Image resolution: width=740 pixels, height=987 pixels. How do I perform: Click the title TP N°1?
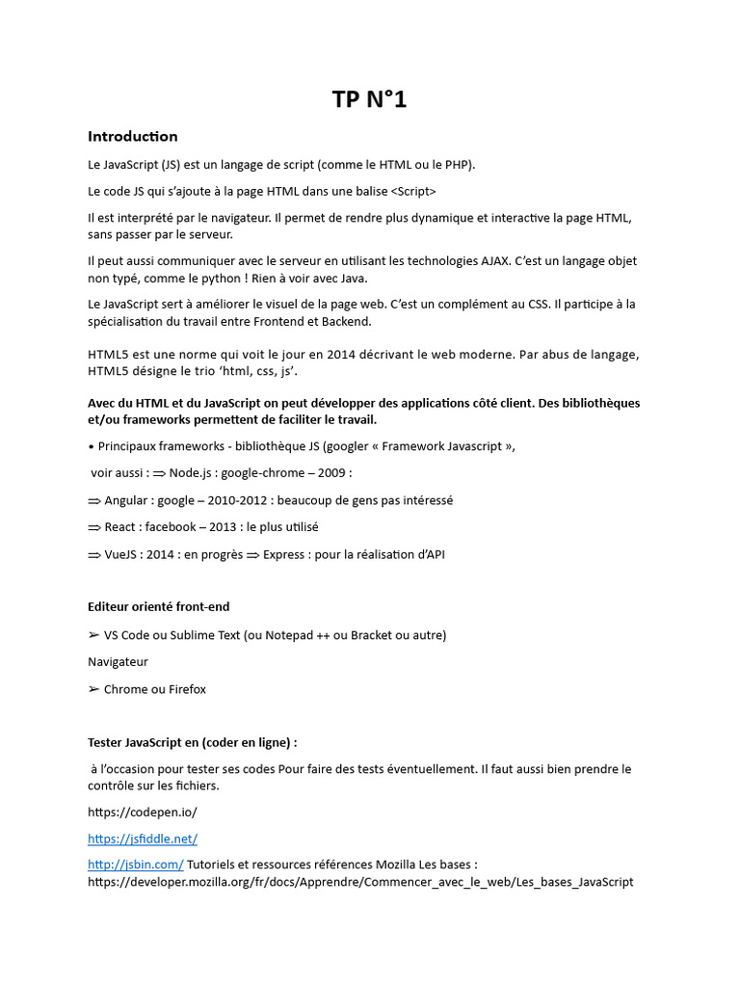tap(369, 98)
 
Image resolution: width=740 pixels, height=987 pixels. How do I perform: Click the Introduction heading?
tap(133, 137)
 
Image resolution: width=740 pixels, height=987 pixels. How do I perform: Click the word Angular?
tap(127, 500)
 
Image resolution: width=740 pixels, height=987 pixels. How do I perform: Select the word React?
tap(120, 527)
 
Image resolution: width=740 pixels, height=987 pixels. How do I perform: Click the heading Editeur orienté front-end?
tap(159, 607)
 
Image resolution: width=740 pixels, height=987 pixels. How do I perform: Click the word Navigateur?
tap(118, 662)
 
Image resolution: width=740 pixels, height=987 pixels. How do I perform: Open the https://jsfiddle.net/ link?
tap(143, 839)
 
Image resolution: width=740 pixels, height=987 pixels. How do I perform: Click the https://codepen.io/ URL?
tap(143, 812)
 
